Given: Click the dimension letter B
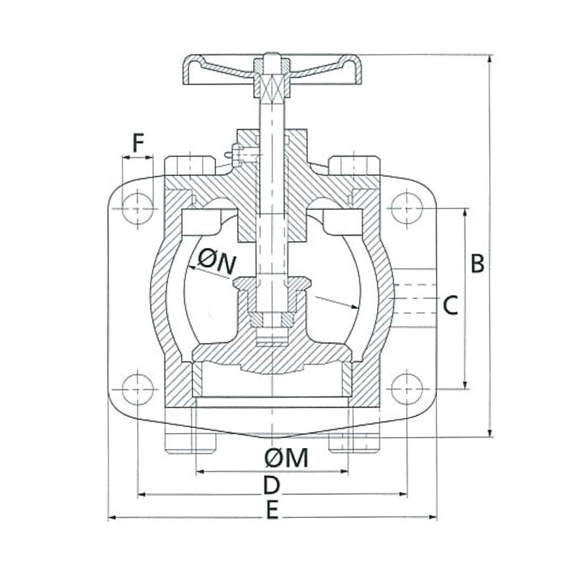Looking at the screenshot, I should point(477,263).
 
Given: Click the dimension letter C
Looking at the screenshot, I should point(451,305).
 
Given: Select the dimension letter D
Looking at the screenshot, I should point(272,486).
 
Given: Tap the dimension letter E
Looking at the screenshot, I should point(272,510).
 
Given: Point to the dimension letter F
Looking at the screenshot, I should point(138,144).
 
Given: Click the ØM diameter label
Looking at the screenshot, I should point(286,459).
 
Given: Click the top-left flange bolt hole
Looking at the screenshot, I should point(137,209).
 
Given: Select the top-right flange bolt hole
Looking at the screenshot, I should point(407,208).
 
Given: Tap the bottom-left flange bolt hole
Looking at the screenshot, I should point(137,389).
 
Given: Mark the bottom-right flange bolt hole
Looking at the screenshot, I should point(407,389).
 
